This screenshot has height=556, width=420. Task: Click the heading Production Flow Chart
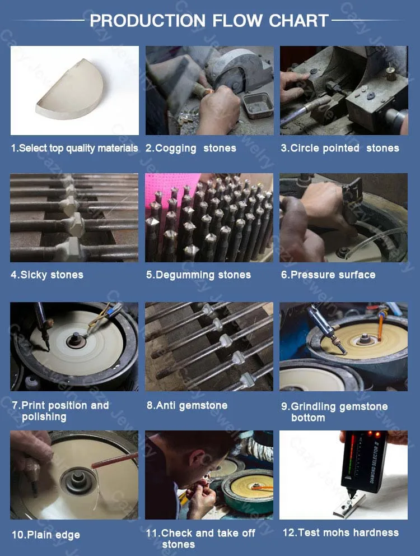tap(209, 21)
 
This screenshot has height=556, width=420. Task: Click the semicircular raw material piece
tap(70, 90)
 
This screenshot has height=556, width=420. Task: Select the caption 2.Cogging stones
tap(191, 148)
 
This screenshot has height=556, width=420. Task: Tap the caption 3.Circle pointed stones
tap(340, 148)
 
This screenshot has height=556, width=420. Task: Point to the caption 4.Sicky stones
tap(47, 275)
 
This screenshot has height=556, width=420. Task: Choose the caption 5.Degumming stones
tap(198, 275)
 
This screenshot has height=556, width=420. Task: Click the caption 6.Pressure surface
tap(328, 275)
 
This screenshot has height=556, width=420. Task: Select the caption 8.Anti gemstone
tap(187, 405)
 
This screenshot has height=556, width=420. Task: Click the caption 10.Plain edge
tap(46, 535)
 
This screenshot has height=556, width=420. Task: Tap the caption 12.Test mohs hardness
tap(340, 532)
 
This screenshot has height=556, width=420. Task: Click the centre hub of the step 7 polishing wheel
tap(76, 340)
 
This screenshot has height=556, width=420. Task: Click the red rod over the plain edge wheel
tap(114, 460)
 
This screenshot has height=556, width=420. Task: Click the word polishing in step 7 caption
tap(44, 416)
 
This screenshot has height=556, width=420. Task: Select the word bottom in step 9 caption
tap(308, 418)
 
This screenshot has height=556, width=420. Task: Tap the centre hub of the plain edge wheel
tap(78, 481)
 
